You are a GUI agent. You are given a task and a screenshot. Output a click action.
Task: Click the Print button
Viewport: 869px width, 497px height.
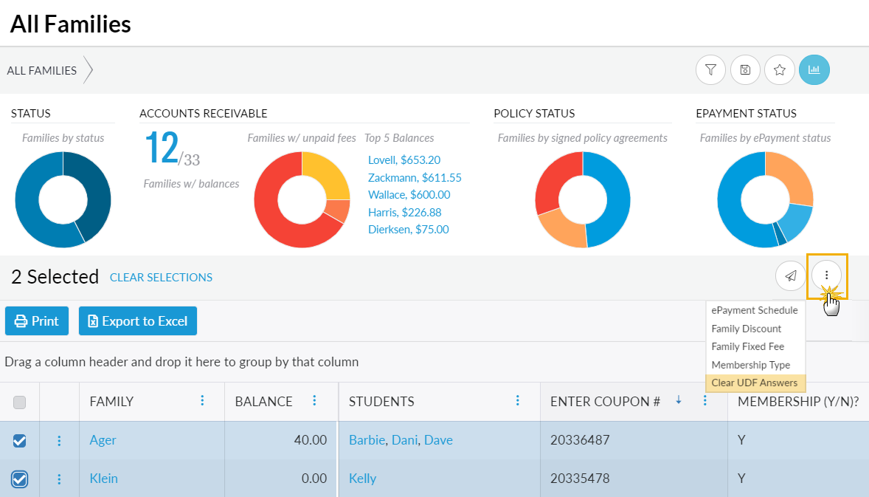(x=37, y=321)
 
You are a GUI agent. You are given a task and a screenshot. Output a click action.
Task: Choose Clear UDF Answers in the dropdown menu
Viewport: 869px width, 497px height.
(x=755, y=383)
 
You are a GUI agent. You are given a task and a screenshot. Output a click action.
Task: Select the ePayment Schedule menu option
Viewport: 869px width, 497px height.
(x=755, y=310)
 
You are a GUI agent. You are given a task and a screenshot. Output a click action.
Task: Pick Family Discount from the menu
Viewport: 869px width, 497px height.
(x=747, y=329)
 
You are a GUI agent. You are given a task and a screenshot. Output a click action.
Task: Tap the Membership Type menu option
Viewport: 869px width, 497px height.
(x=750, y=365)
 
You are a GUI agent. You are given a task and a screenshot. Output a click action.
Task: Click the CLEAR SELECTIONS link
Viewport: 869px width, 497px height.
(x=161, y=278)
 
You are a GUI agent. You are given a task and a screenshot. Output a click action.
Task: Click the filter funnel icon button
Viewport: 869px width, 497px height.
(x=710, y=70)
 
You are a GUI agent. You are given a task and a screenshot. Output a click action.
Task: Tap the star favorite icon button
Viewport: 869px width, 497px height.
(x=780, y=70)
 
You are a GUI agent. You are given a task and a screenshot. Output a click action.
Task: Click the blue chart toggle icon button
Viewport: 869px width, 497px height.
(x=814, y=70)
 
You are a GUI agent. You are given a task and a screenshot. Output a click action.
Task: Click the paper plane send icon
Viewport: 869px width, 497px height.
(x=790, y=276)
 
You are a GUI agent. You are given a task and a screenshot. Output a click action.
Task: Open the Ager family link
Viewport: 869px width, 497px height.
(x=103, y=440)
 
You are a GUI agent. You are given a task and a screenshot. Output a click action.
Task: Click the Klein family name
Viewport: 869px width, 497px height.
(x=104, y=479)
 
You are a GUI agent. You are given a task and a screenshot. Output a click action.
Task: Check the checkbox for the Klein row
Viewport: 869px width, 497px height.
(x=20, y=479)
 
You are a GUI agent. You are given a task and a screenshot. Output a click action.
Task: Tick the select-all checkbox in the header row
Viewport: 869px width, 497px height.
(x=20, y=402)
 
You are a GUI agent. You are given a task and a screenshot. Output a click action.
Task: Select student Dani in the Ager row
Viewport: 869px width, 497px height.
(x=404, y=440)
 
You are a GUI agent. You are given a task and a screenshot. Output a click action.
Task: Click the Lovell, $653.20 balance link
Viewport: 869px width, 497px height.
(x=404, y=160)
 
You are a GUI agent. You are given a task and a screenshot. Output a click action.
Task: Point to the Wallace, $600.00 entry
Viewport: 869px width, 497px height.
(x=409, y=195)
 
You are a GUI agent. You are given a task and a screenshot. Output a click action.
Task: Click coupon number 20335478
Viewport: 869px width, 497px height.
(x=580, y=479)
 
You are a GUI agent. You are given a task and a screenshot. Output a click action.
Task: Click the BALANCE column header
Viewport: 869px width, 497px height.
(x=263, y=402)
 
